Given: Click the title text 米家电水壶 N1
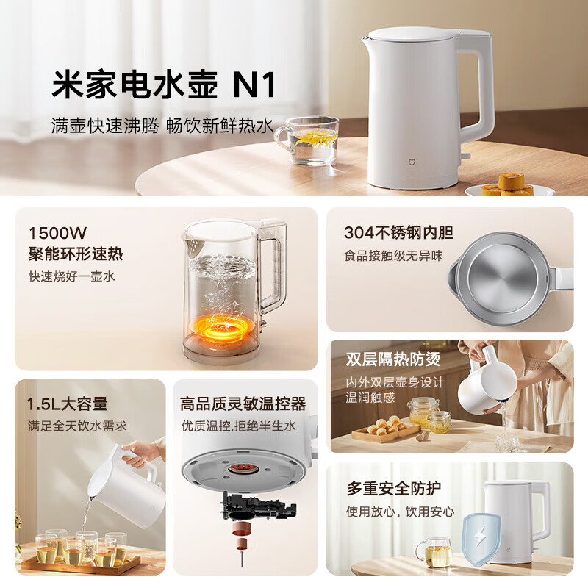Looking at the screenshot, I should point(163,85).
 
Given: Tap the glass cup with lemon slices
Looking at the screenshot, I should point(312,139).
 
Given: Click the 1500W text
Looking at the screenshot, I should point(57,233).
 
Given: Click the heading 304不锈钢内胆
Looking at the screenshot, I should point(398,233).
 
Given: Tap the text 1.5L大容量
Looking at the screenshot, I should point(68,404).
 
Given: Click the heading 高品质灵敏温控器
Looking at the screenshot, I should point(243,404).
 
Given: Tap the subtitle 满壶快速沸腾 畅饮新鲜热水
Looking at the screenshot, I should point(162,126).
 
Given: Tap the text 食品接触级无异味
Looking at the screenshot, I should point(393,256).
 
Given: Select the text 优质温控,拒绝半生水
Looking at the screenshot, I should point(238,426).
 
